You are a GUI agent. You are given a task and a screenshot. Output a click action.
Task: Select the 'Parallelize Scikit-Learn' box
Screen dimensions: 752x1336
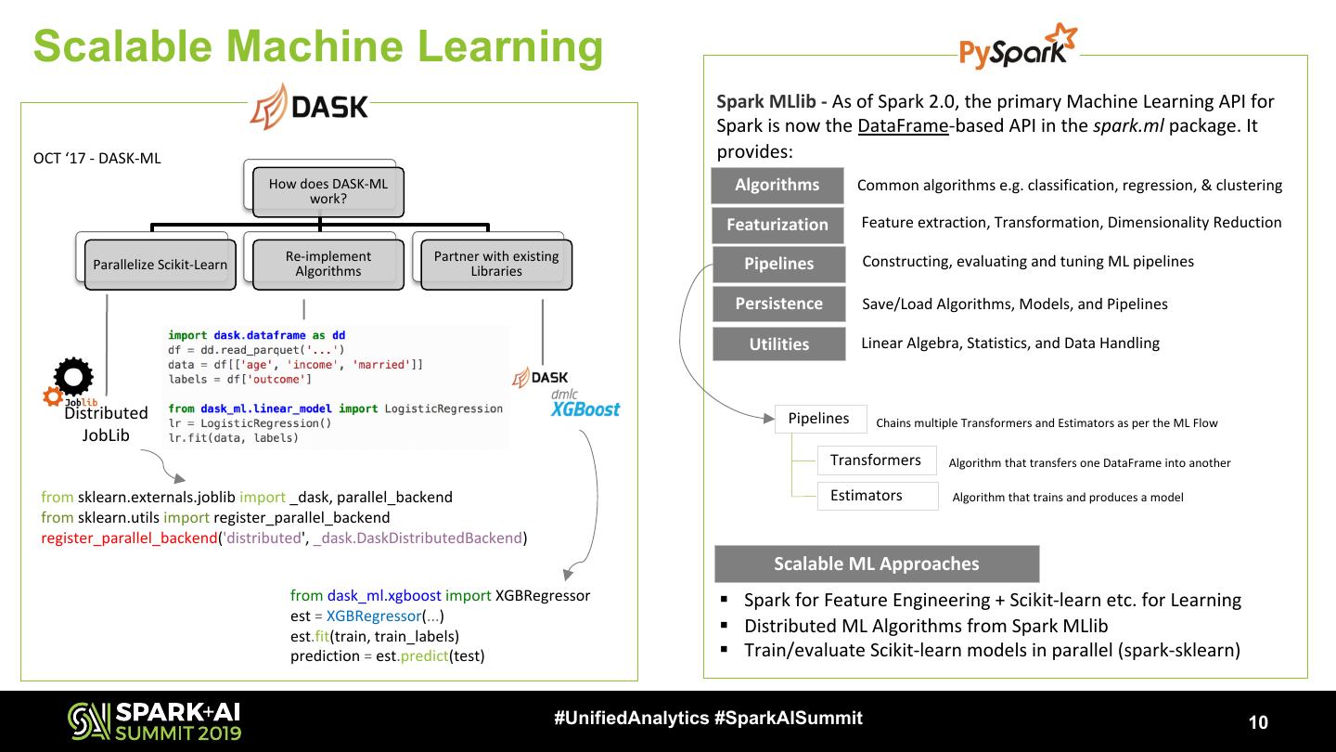160,265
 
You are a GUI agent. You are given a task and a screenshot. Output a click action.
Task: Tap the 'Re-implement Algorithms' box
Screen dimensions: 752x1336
328,264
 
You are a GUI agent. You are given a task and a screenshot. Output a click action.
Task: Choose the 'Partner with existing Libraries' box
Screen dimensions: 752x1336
496,264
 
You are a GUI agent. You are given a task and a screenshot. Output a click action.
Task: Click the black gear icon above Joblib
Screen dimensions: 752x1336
73,377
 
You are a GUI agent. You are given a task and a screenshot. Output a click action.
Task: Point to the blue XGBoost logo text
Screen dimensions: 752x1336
584,409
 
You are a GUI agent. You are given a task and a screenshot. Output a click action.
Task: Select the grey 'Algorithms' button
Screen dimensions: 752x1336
777,185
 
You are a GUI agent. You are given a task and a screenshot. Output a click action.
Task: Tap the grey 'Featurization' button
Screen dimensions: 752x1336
777,225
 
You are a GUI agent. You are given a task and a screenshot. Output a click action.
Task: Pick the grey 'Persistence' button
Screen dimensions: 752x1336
779,304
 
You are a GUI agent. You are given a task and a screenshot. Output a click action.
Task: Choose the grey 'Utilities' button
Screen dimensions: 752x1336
779,344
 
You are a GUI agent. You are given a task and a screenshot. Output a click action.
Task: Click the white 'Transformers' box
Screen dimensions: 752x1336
876,460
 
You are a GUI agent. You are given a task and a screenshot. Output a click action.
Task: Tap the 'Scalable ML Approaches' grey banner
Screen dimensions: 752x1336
877,564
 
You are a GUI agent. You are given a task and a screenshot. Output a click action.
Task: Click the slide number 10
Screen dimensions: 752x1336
1258,723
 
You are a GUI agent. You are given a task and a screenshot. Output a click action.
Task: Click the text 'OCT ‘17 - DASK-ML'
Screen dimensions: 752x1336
97,158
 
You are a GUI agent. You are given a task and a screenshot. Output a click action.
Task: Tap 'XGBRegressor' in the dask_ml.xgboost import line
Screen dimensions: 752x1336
543,595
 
